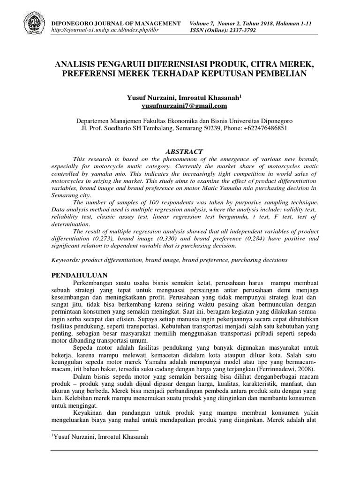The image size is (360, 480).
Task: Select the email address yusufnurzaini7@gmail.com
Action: click(180, 106)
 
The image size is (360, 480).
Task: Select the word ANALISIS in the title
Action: click(78, 64)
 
